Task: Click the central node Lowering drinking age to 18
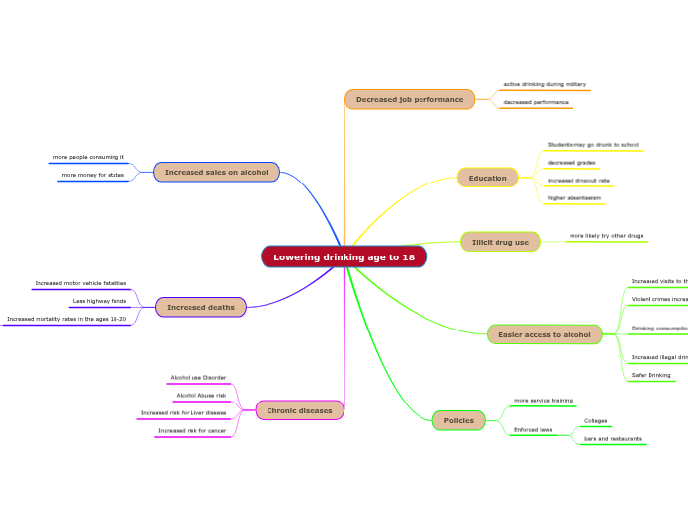[344, 257]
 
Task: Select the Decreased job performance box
[410, 99]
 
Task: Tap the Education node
[488, 178]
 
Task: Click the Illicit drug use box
[500, 242]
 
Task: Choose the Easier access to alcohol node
[544, 335]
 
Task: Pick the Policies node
[459, 421]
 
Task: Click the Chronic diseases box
[299, 410]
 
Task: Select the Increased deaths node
[200, 307]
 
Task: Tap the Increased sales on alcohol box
[216, 172]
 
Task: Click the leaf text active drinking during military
[545, 85]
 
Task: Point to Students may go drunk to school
[593, 145]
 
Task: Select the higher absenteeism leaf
[574, 198]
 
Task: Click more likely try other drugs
[606, 236]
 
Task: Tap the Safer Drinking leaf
[651, 376]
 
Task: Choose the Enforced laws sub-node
[533, 430]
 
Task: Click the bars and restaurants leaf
[613, 438]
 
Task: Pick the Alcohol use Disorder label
[198, 378]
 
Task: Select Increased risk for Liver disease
[184, 413]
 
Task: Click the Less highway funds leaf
[100, 301]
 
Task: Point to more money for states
[93, 175]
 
